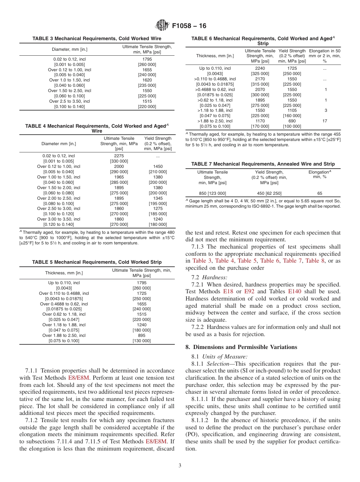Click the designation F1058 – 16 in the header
coord(189,26)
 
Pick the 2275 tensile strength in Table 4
coord(119,156)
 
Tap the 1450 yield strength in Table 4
coord(158,166)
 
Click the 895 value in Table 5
coord(141,335)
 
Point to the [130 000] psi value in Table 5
coord(141,341)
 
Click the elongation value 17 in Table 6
coord(325,121)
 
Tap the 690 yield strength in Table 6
coord(292,121)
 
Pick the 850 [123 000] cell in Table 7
coord(212,193)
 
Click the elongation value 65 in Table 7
coord(319,193)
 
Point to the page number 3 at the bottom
coord(180,465)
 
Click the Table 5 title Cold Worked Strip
coord(97,262)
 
